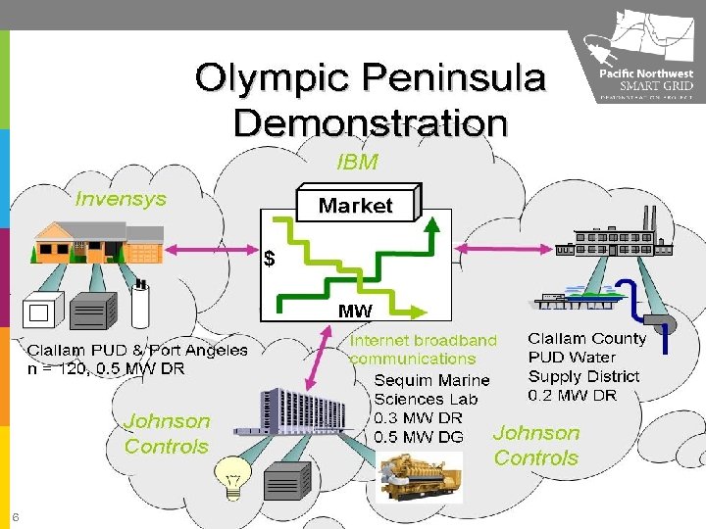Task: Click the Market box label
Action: pos(355,206)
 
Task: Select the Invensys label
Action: pos(122,199)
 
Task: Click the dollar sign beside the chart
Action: pos(269,260)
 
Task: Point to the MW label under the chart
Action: pos(354,311)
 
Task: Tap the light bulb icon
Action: pos(233,477)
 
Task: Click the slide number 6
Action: pos(16,517)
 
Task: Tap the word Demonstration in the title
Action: pos(371,123)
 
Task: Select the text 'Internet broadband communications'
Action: pos(424,349)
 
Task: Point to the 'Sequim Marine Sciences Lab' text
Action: pos(431,389)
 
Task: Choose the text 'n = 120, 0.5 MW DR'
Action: pos(105,369)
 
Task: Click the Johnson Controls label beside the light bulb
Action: pos(167,433)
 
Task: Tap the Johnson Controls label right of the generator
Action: pos(536,445)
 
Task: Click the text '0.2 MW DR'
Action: pos(573,395)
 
